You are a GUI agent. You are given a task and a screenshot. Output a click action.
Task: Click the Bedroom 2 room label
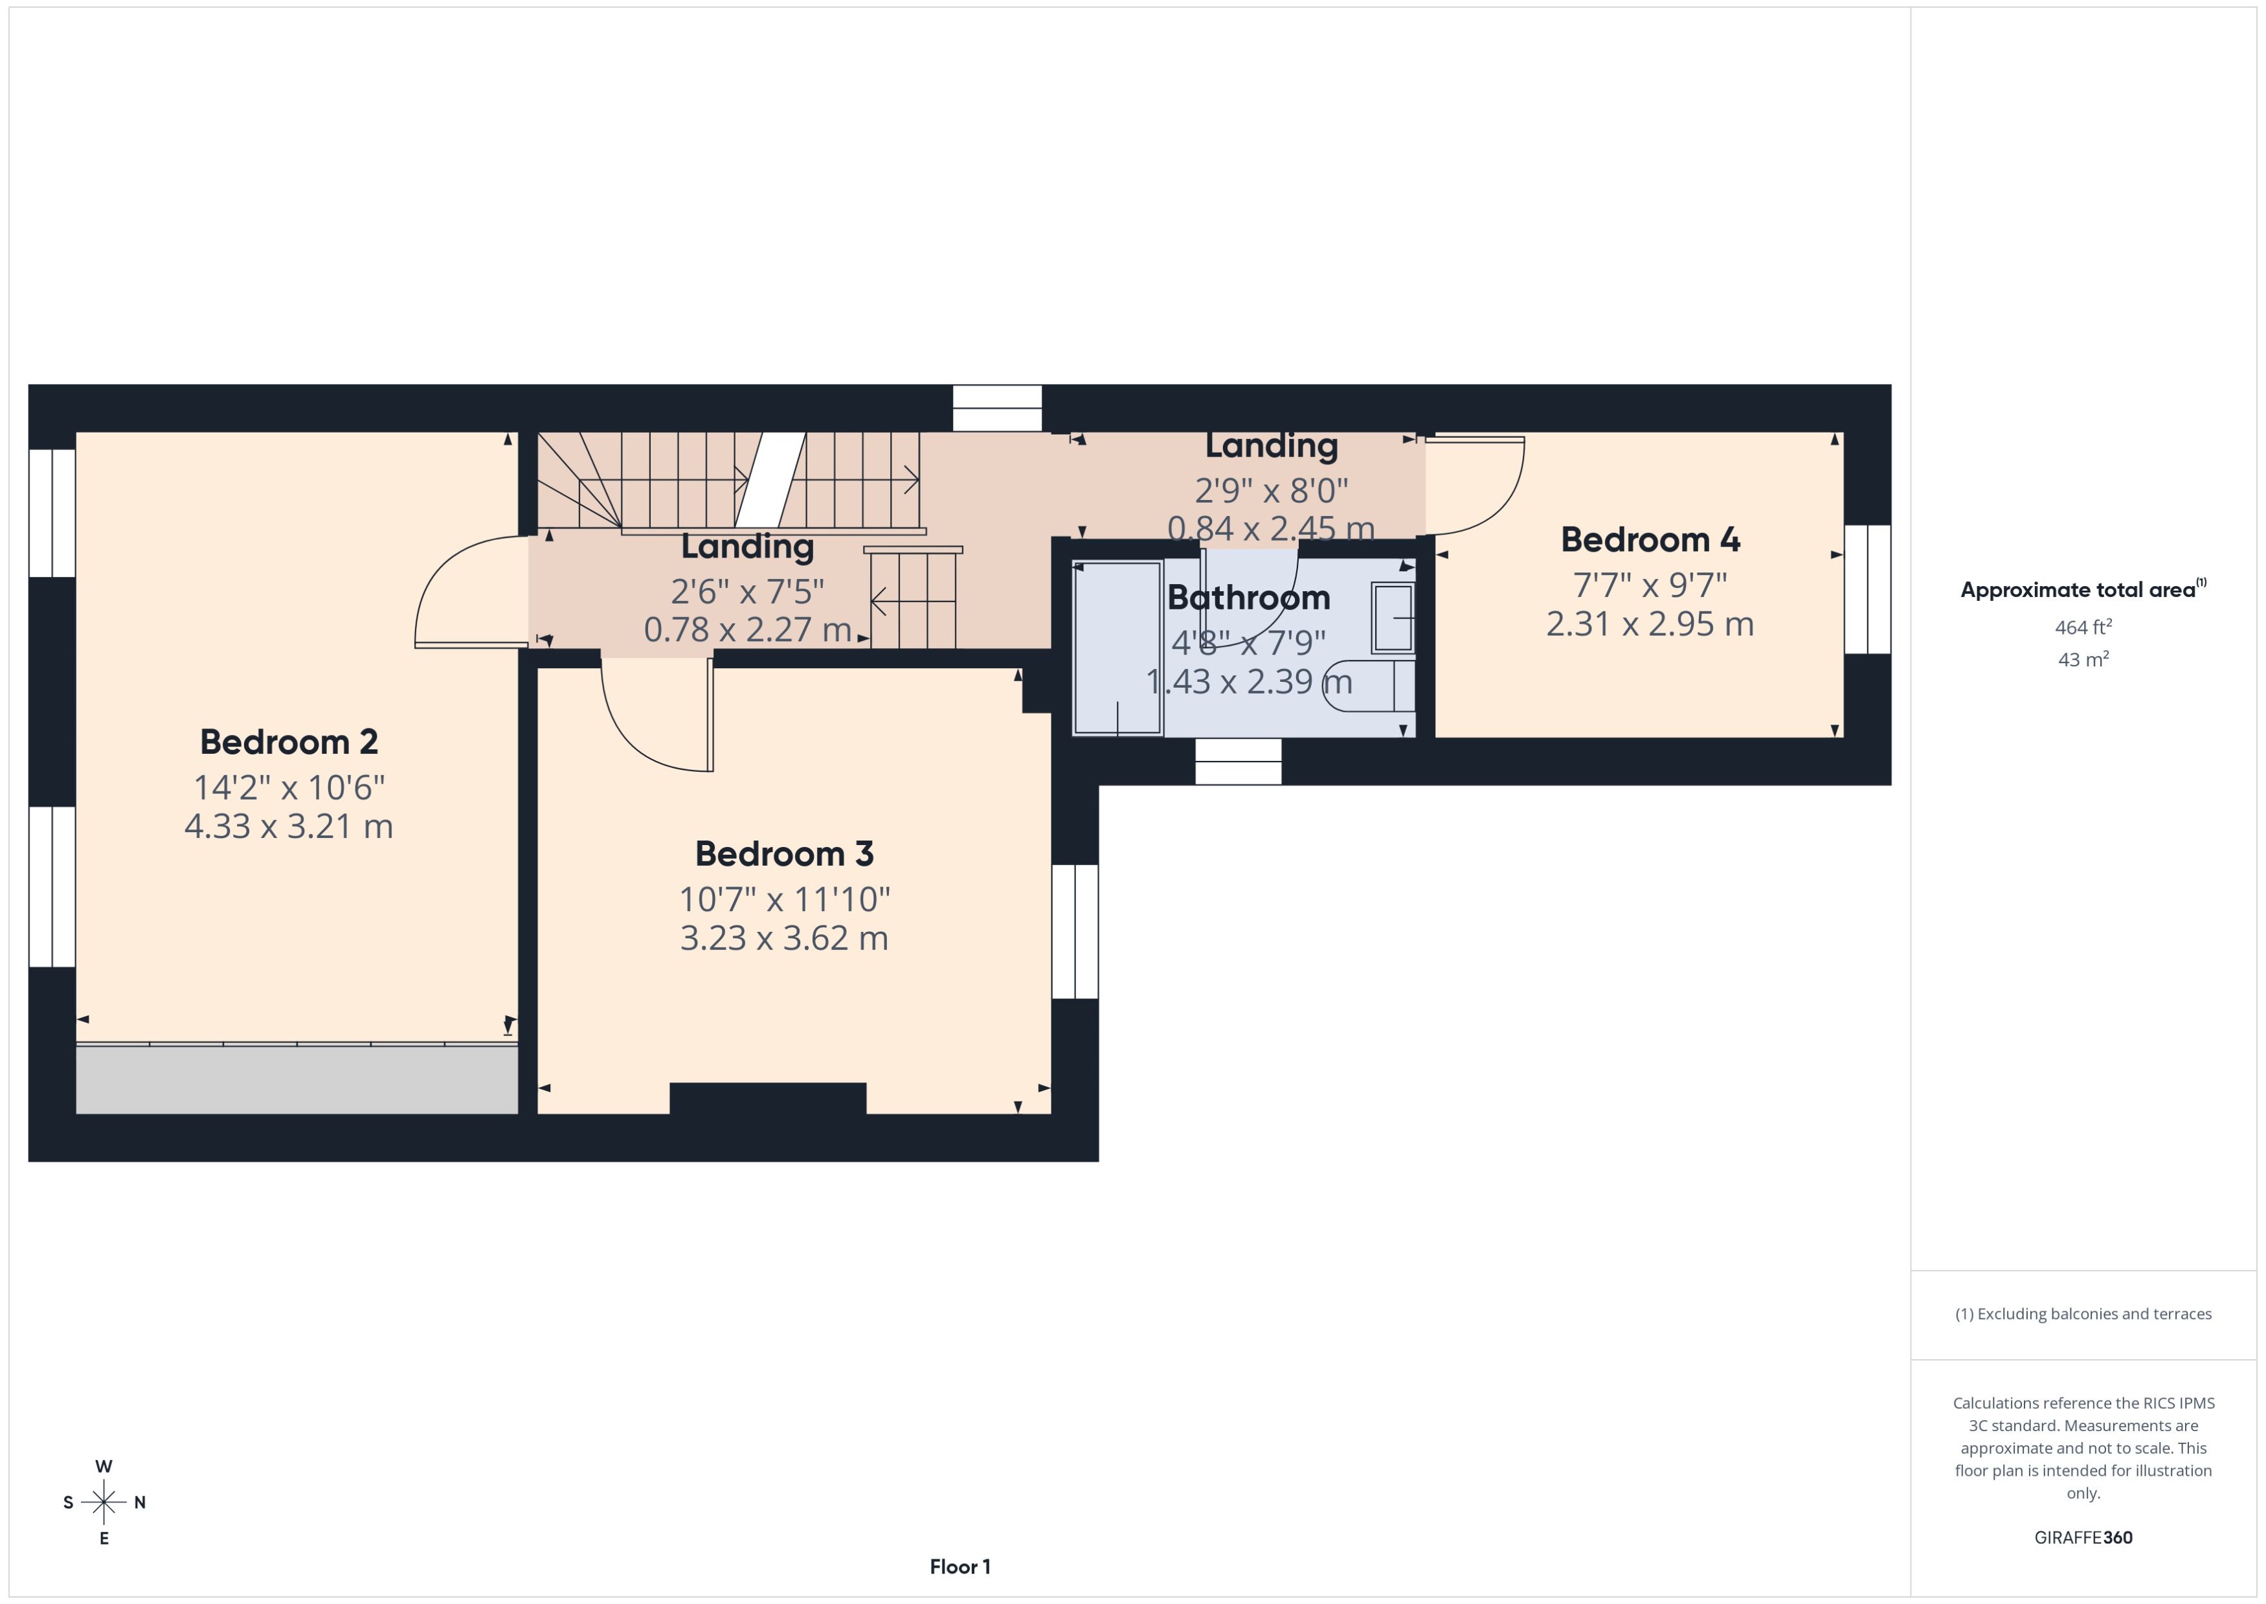click(288, 741)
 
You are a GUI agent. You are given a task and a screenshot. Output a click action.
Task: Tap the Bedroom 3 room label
click(784, 853)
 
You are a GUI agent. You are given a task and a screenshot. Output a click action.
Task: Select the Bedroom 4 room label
click(1650, 539)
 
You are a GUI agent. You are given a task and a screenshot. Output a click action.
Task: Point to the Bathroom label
click(1248, 598)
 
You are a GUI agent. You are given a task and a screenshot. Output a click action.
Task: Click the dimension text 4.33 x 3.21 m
click(288, 826)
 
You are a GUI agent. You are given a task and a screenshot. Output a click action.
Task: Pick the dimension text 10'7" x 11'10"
click(784, 899)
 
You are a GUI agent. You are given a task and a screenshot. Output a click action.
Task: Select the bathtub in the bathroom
click(1117, 648)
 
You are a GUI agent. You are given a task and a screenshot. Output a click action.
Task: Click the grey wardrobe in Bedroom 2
click(297, 1079)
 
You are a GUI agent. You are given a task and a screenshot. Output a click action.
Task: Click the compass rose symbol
click(104, 1502)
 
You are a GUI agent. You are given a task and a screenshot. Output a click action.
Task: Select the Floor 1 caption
click(959, 1566)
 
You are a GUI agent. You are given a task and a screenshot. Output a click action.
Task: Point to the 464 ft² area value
click(2082, 627)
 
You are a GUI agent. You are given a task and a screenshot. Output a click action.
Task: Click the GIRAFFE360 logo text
click(2082, 1538)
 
